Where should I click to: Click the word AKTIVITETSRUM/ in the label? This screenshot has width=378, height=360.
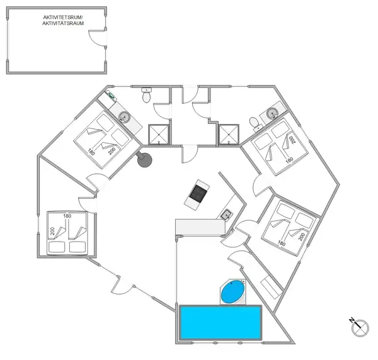[x=63, y=18]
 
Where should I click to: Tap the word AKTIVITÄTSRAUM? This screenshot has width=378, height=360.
[x=63, y=23]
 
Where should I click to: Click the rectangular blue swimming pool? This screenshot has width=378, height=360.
[x=220, y=322]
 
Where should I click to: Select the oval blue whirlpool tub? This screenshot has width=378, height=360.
[x=233, y=292]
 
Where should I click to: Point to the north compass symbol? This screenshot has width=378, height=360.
[x=359, y=327]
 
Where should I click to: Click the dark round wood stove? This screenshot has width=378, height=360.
[x=144, y=159]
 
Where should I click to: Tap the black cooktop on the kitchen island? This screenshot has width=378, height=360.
[x=198, y=194]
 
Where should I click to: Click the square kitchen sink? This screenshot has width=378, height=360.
[x=226, y=215]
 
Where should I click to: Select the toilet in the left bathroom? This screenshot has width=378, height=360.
[x=146, y=95]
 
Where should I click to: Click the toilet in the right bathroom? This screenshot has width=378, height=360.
[x=255, y=124]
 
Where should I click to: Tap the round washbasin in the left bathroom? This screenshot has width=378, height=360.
[x=124, y=117]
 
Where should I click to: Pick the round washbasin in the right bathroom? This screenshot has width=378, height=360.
[x=272, y=113]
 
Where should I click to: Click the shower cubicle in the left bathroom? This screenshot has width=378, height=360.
[x=158, y=134]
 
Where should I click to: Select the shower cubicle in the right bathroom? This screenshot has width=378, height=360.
[x=228, y=134]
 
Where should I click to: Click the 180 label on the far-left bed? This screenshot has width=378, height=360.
[x=67, y=216]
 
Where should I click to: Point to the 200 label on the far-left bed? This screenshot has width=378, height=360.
[x=52, y=231]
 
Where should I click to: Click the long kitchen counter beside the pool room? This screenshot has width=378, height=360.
[x=200, y=227]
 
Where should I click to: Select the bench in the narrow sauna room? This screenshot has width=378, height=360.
[x=271, y=288]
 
